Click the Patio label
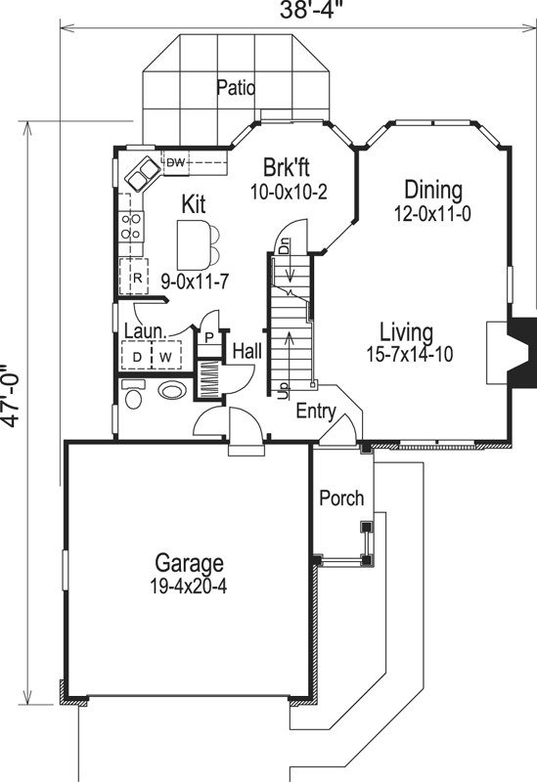pos(237,88)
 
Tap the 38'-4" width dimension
pos(303,13)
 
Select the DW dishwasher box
pos(176,161)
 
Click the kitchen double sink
pos(144,174)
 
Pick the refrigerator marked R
pos(138,278)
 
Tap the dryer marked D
pos(138,353)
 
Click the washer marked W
pos(166,353)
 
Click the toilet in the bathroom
pos(132,395)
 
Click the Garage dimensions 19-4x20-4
pos(189,587)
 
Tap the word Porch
pos(341,499)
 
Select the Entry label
pos(316,410)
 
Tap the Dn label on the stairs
pos(284,247)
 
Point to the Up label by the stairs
pos(284,390)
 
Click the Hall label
pos(246,350)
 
